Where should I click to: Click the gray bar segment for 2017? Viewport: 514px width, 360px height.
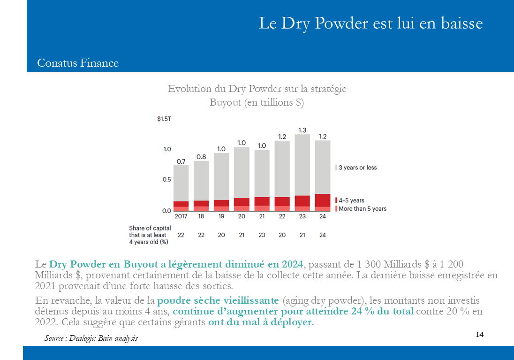[181, 183]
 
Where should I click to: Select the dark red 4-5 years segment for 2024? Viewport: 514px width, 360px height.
[323, 200]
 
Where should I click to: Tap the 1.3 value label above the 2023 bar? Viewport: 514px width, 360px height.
[302, 130]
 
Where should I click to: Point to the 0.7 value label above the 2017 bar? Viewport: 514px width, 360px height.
[181, 161]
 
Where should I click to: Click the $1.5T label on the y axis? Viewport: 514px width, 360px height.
[164, 119]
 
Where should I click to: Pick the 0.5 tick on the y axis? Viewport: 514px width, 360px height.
[167, 179]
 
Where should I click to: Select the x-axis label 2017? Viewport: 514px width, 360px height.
[181, 216]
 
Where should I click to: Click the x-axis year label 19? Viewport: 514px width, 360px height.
[221, 216]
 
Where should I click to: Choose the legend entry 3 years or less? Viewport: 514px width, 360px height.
[356, 168]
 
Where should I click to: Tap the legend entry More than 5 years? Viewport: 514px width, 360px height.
[361, 209]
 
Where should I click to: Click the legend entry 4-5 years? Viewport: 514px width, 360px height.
[350, 200]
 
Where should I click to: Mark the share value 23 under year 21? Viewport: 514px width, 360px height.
[262, 235]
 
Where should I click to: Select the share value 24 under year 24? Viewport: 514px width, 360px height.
[323, 235]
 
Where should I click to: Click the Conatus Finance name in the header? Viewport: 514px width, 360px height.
[78, 63]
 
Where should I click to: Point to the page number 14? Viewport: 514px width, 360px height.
[480, 334]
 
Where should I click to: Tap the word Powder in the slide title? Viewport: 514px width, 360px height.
[341, 23]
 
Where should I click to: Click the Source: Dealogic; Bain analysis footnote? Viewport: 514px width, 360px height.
[91, 338]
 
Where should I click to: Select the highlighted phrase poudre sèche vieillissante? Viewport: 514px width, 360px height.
[218, 300]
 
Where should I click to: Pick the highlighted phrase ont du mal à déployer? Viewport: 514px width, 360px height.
[261, 322]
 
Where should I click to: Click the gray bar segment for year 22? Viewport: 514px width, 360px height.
[282, 169]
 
